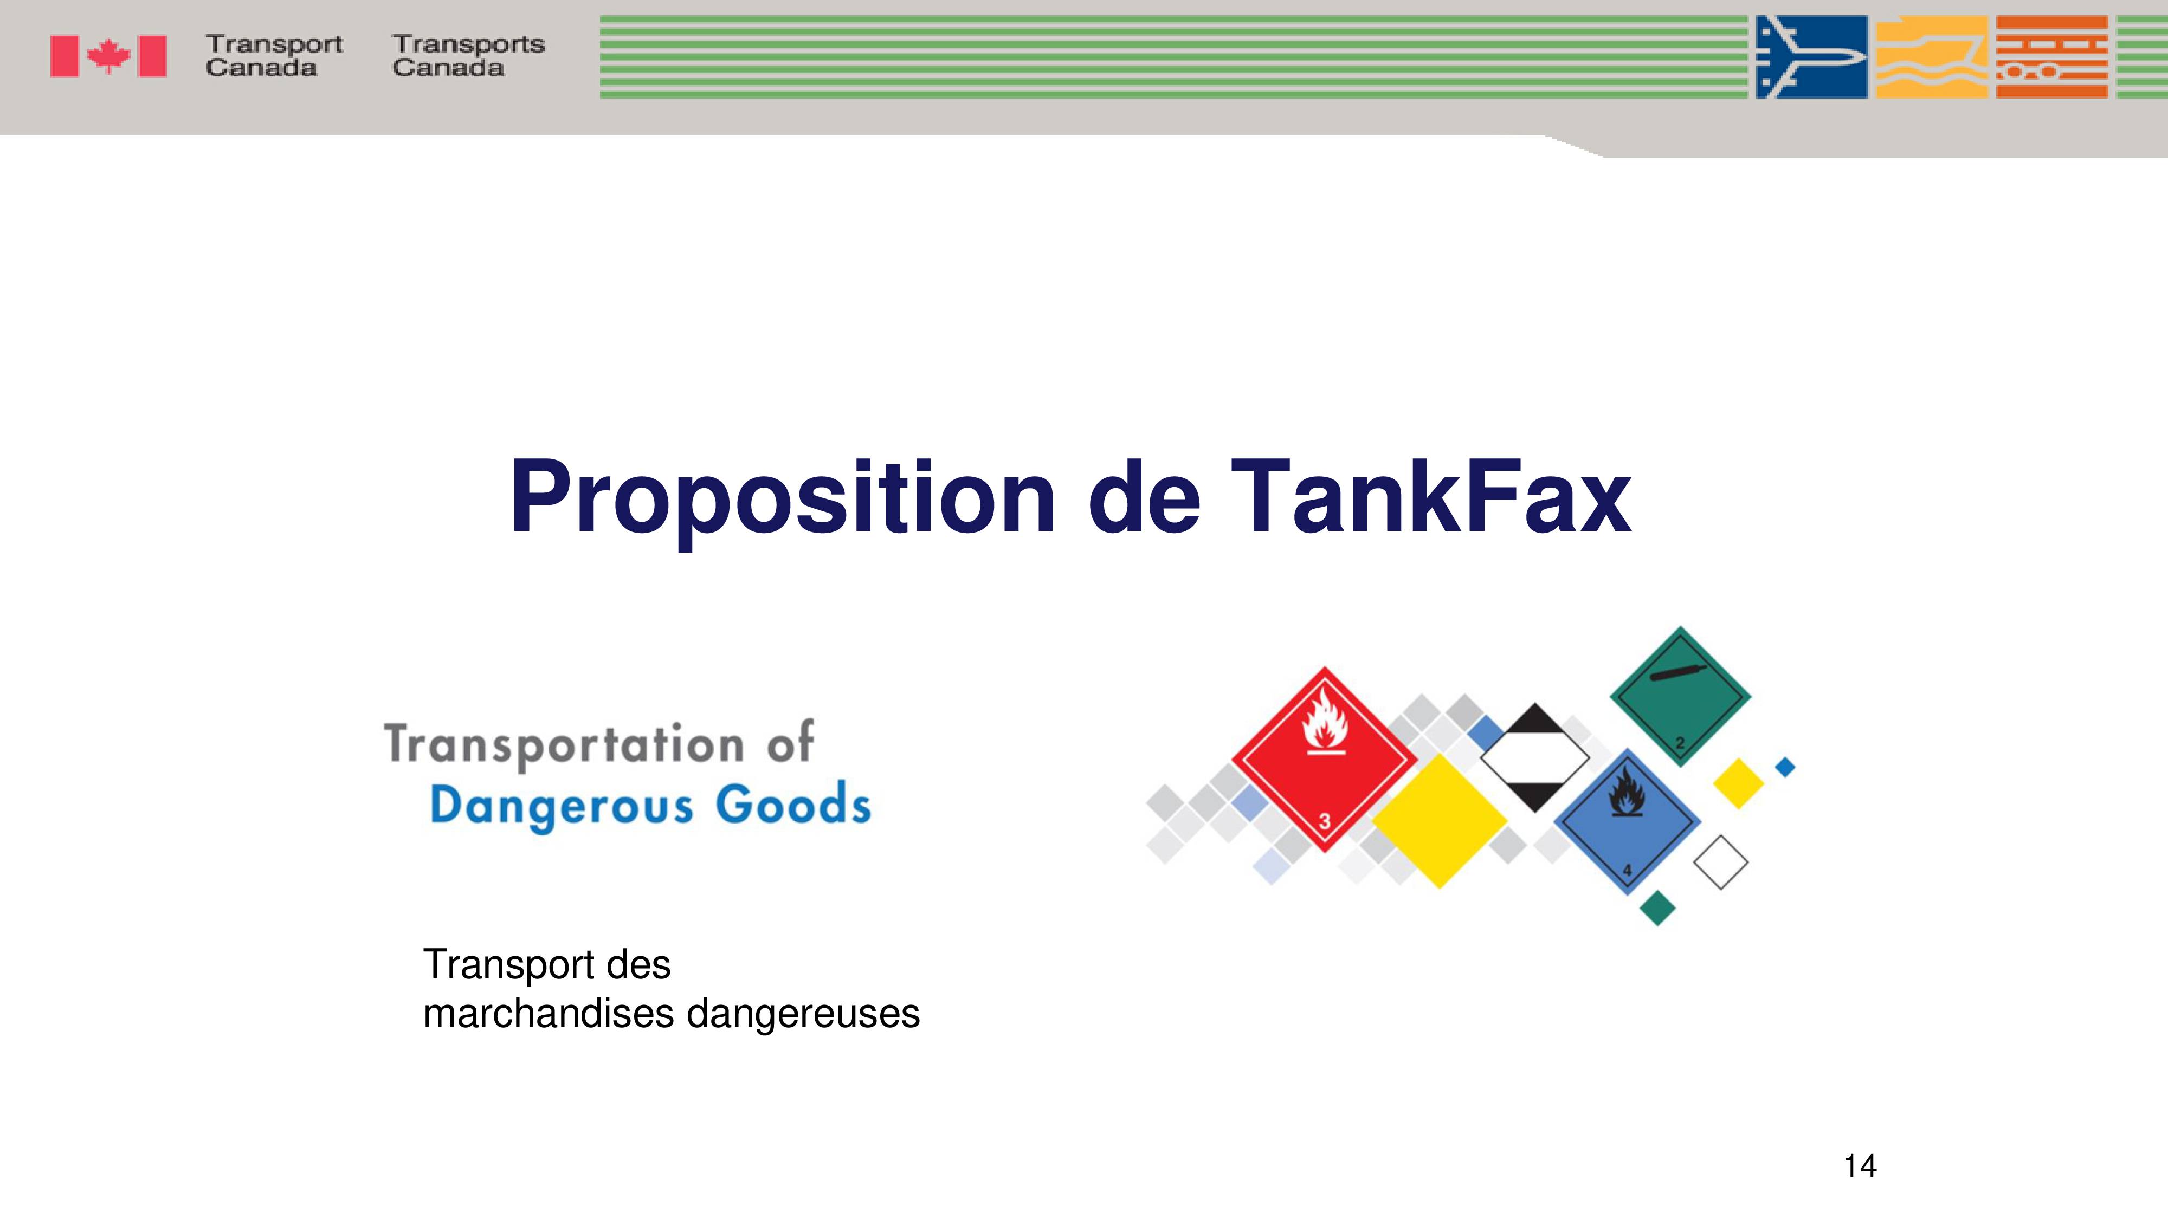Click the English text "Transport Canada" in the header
(274, 55)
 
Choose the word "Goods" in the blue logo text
(793, 803)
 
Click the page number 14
(1860, 1166)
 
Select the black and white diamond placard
(1534, 758)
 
